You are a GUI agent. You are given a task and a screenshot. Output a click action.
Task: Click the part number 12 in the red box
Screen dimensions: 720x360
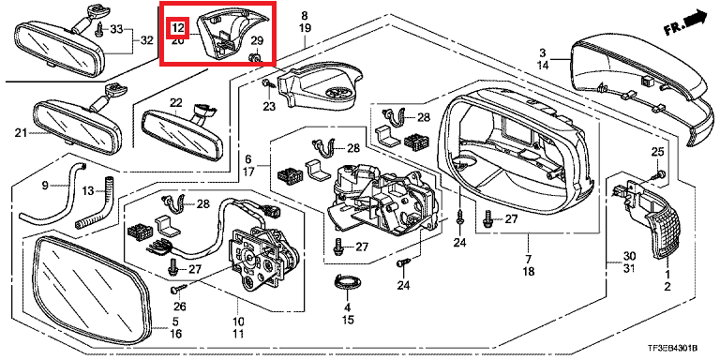click(x=178, y=28)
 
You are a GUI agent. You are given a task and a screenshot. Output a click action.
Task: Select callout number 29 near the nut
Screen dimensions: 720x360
click(x=257, y=42)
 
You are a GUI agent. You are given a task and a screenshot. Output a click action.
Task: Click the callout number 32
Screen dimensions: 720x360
click(x=146, y=41)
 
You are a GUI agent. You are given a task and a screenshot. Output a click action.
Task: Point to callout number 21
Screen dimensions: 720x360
click(x=22, y=133)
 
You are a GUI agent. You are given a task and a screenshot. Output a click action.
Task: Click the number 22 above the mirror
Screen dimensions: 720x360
click(x=176, y=103)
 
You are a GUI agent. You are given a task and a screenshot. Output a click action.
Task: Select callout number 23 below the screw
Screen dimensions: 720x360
click(x=269, y=107)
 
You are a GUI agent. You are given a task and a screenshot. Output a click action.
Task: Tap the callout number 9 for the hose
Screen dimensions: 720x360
click(x=45, y=186)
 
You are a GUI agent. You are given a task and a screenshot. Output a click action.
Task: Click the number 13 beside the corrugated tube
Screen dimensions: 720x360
click(x=88, y=190)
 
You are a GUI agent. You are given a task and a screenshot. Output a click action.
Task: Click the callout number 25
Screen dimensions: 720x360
click(x=657, y=151)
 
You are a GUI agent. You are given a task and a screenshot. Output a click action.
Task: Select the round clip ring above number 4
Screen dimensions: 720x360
click(x=347, y=280)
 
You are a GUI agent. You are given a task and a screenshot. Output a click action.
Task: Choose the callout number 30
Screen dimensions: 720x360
click(x=629, y=255)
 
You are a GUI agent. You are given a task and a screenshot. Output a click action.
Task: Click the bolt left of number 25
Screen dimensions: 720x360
click(x=659, y=174)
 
